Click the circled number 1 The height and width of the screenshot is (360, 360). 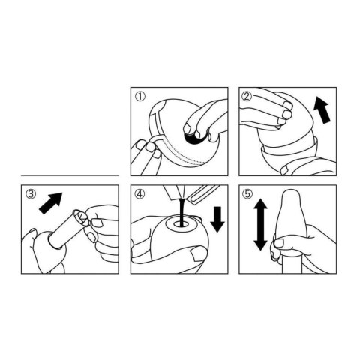139,95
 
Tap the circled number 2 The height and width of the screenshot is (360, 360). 247,95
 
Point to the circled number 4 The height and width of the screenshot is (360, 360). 139,194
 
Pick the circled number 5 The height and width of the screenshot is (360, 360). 247,194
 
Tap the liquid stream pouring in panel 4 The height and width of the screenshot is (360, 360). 181,210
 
